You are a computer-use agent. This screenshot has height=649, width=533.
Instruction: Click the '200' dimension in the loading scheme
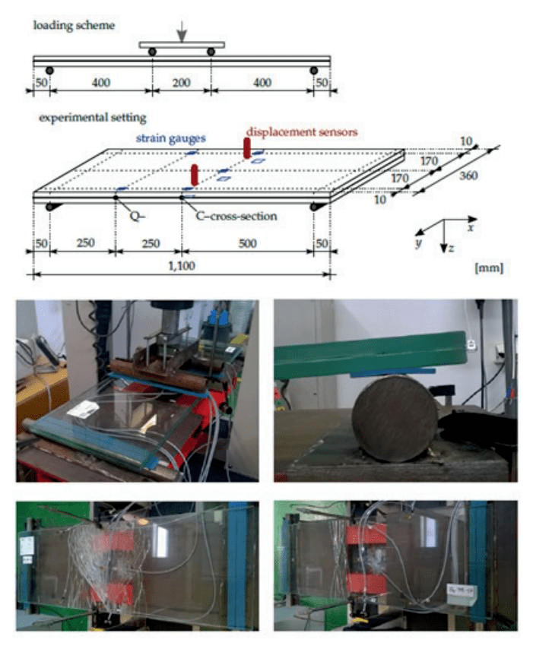[x=182, y=82]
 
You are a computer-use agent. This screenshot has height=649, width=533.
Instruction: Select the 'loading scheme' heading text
[x=74, y=25]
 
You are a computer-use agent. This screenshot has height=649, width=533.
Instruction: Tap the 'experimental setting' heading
[x=93, y=118]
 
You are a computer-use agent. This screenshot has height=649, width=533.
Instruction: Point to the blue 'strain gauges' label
[x=170, y=138]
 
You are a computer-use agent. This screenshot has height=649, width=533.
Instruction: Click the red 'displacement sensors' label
[x=302, y=132]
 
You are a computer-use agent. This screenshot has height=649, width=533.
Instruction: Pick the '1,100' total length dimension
[x=182, y=265]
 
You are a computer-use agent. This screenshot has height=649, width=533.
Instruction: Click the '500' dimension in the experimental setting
[x=247, y=243]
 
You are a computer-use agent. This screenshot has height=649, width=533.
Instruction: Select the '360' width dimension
[x=468, y=176]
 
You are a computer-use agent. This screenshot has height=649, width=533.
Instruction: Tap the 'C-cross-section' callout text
[x=236, y=216]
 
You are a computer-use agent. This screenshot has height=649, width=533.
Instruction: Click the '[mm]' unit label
[x=489, y=268]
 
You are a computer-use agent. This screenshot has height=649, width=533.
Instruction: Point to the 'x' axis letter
[x=471, y=227]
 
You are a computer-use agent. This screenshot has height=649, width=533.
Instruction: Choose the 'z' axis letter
[x=452, y=248]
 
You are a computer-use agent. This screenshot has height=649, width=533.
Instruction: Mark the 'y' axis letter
[x=419, y=242]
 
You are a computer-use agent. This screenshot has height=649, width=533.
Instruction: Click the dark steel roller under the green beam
[x=395, y=418]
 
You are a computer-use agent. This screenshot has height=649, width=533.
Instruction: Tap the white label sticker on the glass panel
[x=84, y=409]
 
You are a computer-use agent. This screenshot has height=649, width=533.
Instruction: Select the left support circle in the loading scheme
[x=49, y=71]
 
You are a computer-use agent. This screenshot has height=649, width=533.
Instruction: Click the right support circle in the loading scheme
[x=313, y=71]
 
